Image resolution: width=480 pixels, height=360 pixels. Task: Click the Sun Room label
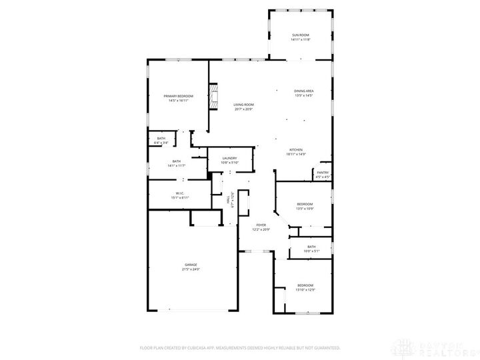click(300, 34)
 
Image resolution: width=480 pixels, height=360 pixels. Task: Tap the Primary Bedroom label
click(178, 96)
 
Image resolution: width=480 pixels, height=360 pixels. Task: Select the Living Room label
click(243, 104)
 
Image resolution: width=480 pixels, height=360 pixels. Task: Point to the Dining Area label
click(304, 91)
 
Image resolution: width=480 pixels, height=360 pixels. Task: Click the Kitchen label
click(296, 149)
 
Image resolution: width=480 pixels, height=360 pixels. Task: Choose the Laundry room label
click(229, 158)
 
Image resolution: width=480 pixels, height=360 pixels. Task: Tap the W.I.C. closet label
click(180, 193)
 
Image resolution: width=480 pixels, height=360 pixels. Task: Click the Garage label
click(191, 265)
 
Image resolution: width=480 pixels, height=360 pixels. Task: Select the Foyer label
click(261, 225)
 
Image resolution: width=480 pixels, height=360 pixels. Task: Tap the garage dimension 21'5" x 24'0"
click(191, 269)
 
